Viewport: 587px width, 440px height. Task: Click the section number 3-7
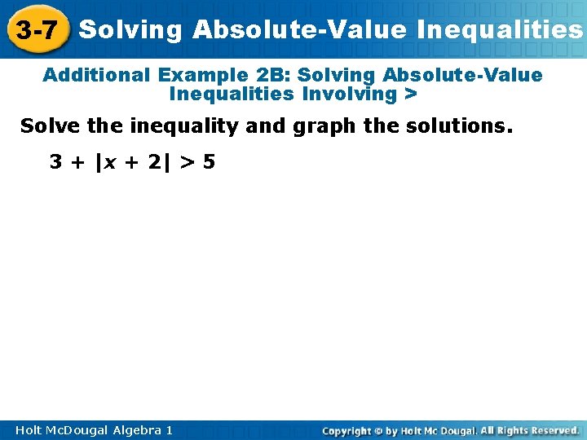coord(37,31)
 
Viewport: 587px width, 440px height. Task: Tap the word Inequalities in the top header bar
coord(499,30)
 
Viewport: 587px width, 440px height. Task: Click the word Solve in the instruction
coord(46,126)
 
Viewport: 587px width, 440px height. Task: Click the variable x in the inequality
coord(108,162)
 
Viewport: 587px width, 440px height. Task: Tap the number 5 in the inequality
coord(210,161)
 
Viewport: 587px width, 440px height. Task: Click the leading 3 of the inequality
coord(55,161)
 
